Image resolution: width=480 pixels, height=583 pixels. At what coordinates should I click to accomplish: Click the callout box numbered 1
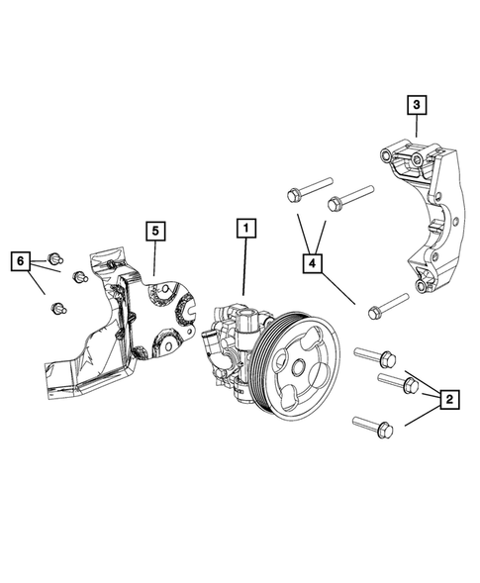pos(243,228)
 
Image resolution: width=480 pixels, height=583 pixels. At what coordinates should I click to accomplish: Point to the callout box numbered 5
pos(154,231)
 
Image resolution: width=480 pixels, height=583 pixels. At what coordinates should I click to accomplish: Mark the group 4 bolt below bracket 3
pos(386,305)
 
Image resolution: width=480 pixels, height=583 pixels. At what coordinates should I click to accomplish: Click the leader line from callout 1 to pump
pos(243,267)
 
